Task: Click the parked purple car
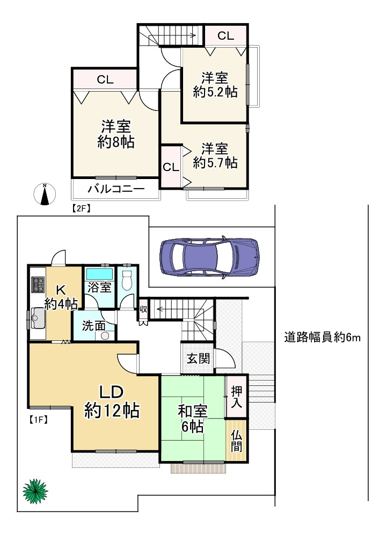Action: point(209,257)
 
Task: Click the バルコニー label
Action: point(115,189)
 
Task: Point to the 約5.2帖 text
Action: point(215,92)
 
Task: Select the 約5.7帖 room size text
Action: point(215,162)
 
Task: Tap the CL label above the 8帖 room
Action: point(105,80)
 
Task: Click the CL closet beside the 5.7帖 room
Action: point(171,167)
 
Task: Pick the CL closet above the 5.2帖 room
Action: point(226,36)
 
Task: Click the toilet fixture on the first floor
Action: point(127,279)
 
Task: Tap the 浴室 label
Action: point(99,287)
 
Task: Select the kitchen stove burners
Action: point(38,285)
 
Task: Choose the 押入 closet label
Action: point(237,397)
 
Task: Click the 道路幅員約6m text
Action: point(322,338)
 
